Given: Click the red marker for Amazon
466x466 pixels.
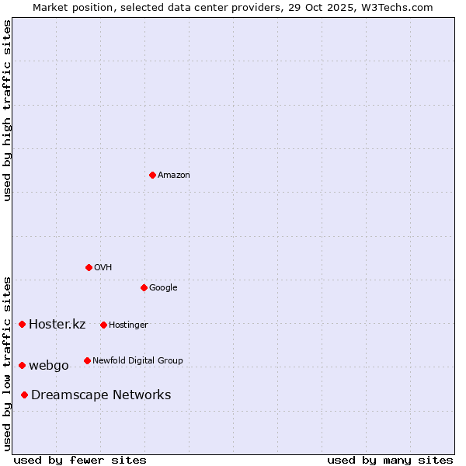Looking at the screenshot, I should [x=152, y=175].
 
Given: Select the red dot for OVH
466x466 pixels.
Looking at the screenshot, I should [x=89, y=267].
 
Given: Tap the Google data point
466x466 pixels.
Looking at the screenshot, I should [x=144, y=287].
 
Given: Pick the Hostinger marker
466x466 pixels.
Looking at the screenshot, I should [x=103, y=325].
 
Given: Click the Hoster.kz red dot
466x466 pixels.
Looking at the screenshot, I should [x=22, y=324].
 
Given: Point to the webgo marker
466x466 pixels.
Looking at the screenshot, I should [x=22, y=365].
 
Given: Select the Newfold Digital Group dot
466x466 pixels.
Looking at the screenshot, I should [x=87, y=360].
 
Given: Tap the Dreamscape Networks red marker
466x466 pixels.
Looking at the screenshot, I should [x=25, y=395].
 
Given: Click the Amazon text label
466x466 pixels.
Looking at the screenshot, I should [x=173, y=176].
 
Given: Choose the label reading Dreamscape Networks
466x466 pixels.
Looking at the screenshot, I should [x=101, y=395].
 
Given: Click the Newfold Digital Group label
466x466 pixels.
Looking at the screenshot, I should [x=137, y=360].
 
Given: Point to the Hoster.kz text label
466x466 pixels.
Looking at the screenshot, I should [x=57, y=325].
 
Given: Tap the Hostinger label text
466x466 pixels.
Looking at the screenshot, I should [x=128, y=325].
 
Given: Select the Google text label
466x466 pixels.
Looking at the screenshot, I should [x=163, y=288].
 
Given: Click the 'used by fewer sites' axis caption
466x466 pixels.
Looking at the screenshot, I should [x=80, y=460].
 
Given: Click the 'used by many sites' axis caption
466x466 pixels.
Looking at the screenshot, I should [x=390, y=460].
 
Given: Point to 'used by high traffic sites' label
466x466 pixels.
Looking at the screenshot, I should [x=8, y=110].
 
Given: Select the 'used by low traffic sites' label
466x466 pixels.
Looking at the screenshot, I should [x=8, y=363].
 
